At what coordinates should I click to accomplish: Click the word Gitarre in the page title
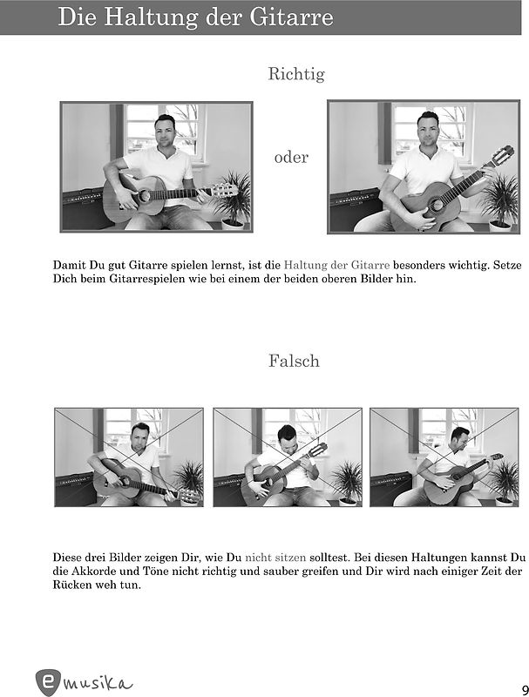coord(291,17)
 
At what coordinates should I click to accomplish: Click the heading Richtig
coord(296,74)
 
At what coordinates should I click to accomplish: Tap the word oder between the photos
coord(291,158)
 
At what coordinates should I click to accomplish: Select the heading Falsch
coord(294,361)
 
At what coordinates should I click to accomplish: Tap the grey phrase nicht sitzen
coord(275,557)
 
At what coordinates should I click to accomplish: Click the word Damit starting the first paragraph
coord(70,266)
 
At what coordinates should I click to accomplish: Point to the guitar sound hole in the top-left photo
coord(144,195)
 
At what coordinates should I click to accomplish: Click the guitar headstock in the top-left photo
coord(225,190)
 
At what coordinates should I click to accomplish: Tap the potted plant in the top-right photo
coord(501,203)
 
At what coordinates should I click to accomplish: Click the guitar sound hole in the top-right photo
coord(436,205)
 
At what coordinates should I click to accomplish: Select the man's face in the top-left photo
coord(165,132)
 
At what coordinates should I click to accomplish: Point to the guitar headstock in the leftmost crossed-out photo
coord(187,496)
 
